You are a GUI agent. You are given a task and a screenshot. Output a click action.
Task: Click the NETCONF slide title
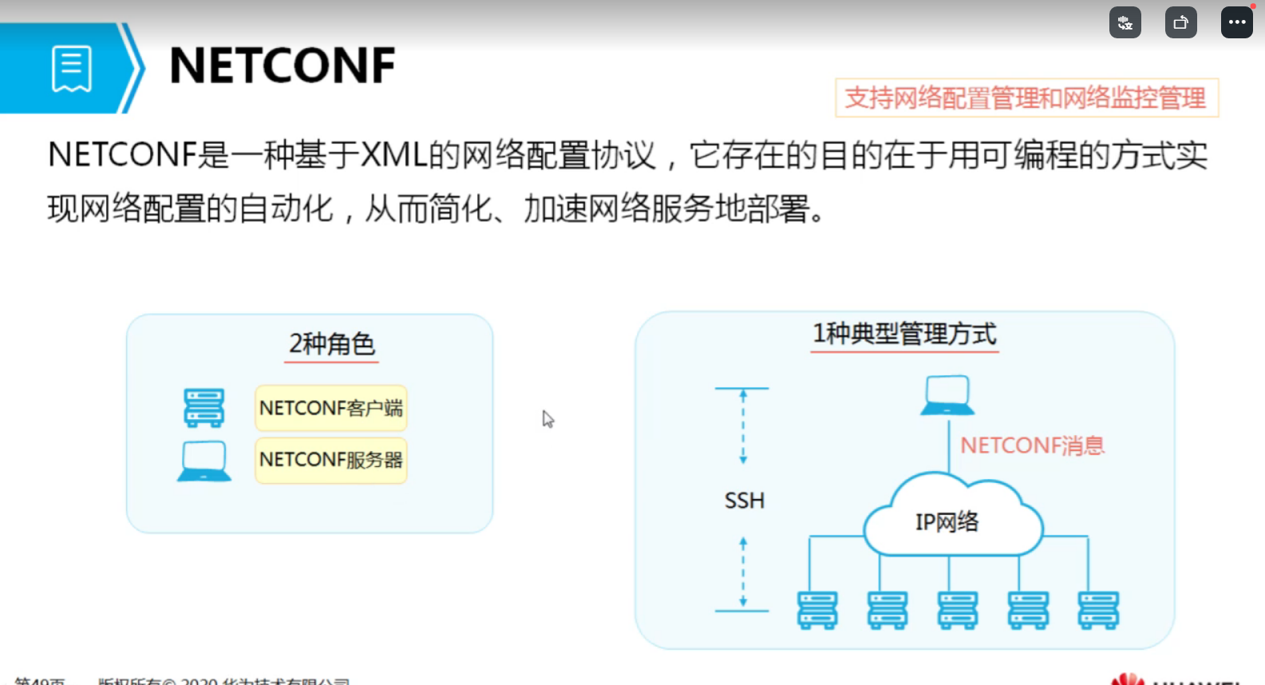click(x=283, y=66)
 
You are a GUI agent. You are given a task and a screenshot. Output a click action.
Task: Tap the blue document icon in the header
click(x=72, y=69)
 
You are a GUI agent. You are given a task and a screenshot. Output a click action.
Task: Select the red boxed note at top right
click(x=1026, y=98)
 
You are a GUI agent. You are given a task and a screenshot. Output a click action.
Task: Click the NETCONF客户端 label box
click(x=330, y=408)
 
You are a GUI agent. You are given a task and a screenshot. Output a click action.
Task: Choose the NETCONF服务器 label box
click(x=330, y=460)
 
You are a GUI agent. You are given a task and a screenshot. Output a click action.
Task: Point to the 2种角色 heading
click(x=332, y=344)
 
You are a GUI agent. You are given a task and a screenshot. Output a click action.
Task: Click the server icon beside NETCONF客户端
click(x=204, y=408)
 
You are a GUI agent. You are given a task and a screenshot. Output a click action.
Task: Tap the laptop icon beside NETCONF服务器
click(x=204, y=461)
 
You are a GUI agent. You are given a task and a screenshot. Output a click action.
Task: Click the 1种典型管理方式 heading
click(x=904, y=334)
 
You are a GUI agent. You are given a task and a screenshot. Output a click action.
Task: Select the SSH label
click(x=744, y=501)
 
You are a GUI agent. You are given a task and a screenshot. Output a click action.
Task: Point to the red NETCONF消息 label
click(x=1032, y=445)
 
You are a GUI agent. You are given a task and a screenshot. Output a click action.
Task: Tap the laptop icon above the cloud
click(x=947, y=395)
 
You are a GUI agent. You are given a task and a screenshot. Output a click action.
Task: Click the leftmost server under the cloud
click(x=817, y=610)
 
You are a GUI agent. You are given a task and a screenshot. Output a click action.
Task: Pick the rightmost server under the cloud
click(x=1098, y=610)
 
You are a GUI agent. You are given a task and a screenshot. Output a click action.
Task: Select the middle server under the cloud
click(x=958, y=610)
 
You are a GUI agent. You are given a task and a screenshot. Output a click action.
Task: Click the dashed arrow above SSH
click(x=743, y=426)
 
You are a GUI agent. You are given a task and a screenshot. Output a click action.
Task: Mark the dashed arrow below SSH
click(x=743, y=572)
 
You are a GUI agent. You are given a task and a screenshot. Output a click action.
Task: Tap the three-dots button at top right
click(x=1236, y=22)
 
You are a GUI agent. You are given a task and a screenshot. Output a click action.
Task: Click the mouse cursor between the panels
click(x=548, y=419)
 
